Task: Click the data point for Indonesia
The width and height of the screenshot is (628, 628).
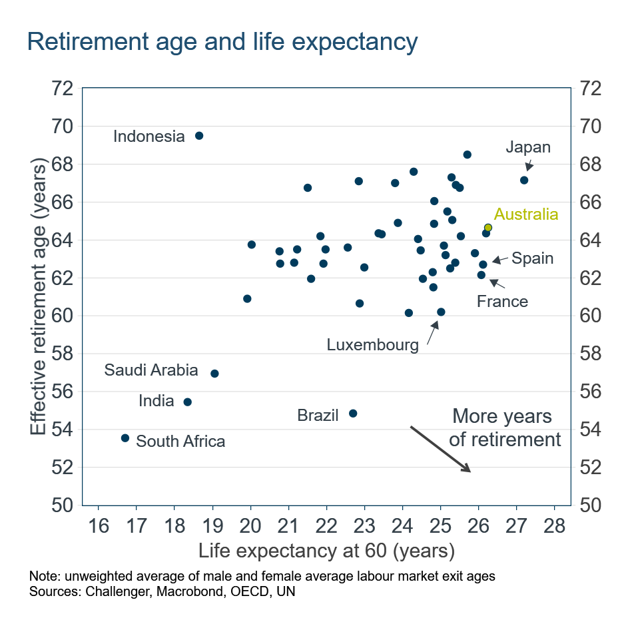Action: (198, 136)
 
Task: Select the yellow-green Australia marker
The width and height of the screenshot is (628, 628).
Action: (488, 228)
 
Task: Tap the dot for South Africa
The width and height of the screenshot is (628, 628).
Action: (125, 438)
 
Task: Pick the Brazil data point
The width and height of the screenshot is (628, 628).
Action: (353, 414)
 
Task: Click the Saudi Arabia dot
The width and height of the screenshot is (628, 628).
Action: (214, 374)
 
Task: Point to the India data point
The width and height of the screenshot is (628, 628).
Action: (187, 402)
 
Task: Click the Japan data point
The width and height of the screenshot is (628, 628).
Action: (524, 180)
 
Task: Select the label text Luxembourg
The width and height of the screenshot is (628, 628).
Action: (372, 344)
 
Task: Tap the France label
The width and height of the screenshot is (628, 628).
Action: (502, 302)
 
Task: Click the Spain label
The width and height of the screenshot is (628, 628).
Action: (532, 258)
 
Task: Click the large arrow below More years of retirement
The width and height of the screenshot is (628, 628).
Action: (440, 449)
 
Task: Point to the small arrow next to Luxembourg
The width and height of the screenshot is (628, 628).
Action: (432, 332)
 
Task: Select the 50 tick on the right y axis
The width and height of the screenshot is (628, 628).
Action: (591, 505)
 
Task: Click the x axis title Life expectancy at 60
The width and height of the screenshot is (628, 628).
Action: (326, 551)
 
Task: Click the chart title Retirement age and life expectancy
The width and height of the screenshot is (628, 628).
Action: (222, 41)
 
